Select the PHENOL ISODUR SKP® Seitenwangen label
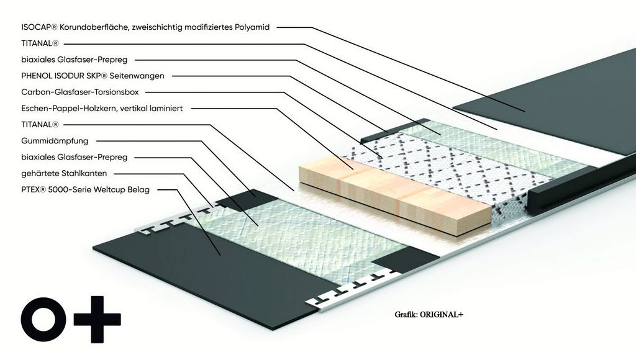pos(93,76)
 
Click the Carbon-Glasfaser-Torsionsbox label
pos(79,92)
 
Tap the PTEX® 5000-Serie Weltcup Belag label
pos(85,189)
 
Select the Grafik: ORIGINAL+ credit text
pos(429,315)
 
